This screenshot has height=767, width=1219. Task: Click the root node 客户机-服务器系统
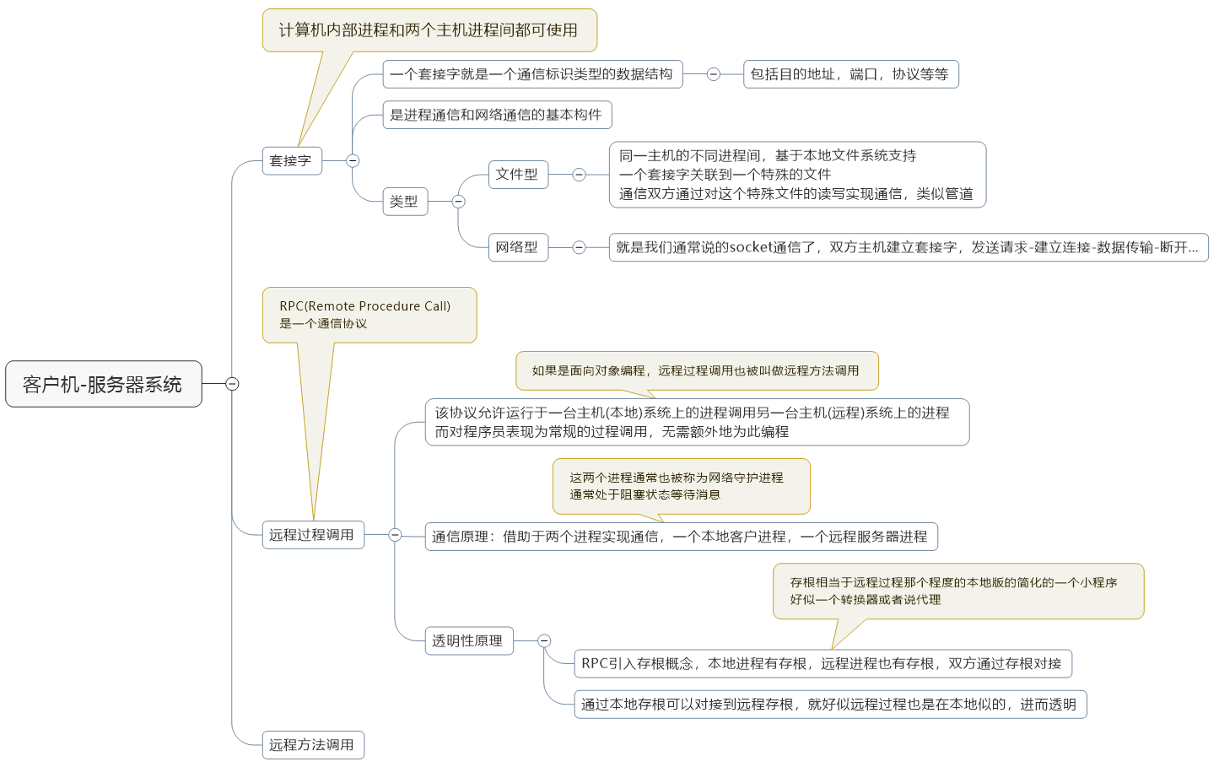click(104, 384)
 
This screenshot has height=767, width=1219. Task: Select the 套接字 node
click(292, 160)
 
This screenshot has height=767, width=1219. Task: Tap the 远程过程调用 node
click(313, 535)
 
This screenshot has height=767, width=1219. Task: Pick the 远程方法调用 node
click(313, 745)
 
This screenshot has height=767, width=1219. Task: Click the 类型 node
click(406, 202)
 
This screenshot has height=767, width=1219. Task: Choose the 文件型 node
click(518, 174)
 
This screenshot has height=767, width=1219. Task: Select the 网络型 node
click(518, 247)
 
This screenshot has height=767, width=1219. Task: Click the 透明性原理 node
click(469, 640)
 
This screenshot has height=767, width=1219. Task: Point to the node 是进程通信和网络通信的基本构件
click(498, 114)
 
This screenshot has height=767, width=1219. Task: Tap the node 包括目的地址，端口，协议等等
click(851, 74)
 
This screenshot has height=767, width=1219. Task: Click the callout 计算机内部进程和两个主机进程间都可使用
click(429, 30)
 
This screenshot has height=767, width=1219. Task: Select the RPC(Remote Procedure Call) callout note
click(369, 316)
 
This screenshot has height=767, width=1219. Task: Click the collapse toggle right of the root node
click(232, 384)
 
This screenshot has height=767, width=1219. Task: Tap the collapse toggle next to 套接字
click(353, 160)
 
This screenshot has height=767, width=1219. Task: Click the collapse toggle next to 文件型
click(579, 174)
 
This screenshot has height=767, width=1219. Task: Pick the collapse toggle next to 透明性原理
click(544, 640)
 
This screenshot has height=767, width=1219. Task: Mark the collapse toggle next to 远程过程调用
click(395, 535)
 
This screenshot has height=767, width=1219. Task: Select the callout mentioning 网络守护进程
click(682, 486)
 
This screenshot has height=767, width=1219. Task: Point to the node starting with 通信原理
click(682, 537)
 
